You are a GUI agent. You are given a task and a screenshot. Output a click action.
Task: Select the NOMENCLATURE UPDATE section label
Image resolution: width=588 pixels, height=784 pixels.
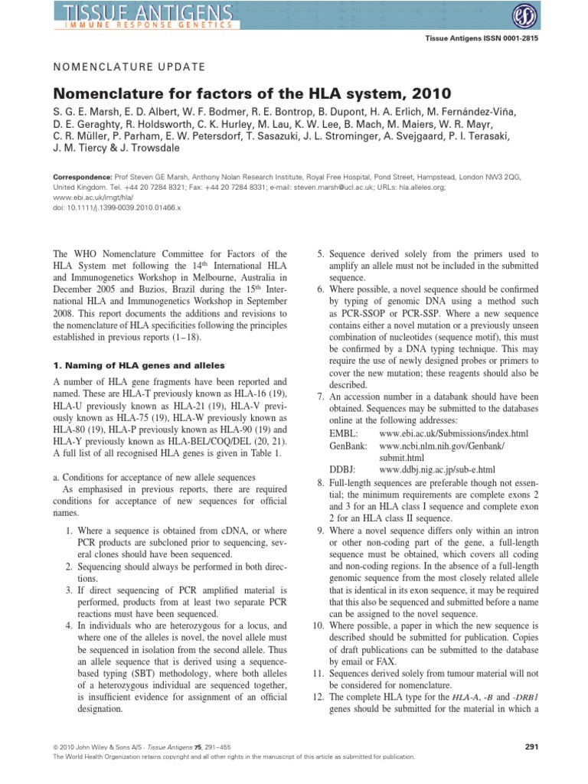(129, 67)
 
